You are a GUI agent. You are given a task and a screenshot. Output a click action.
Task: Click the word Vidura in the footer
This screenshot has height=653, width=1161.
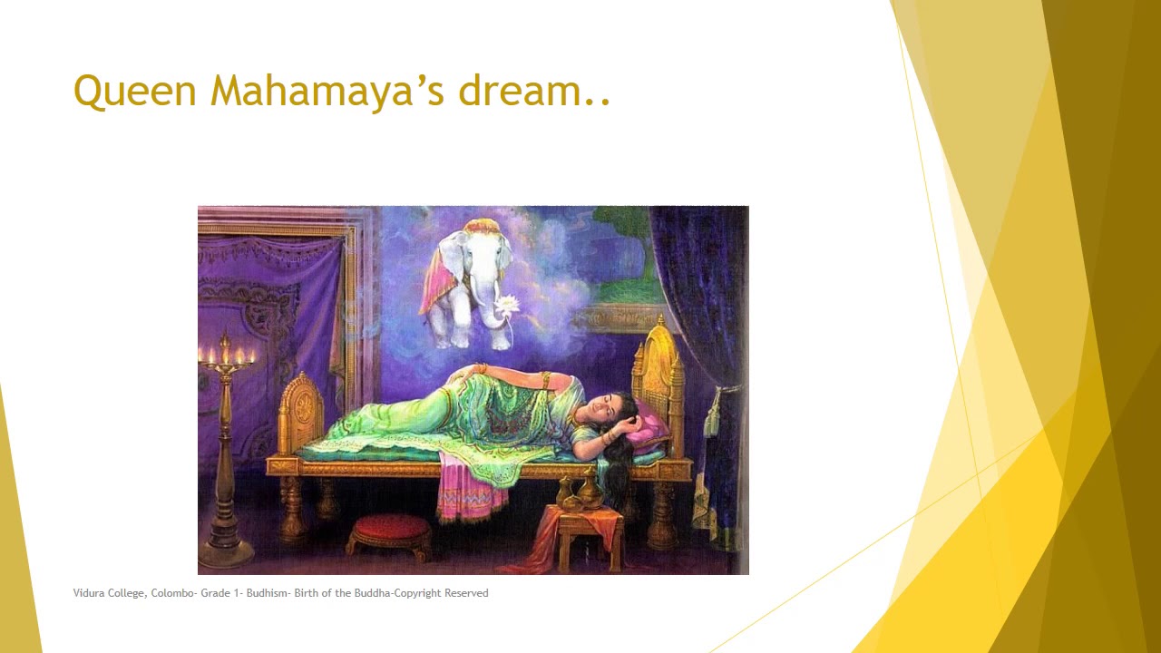click(x=88, y=593)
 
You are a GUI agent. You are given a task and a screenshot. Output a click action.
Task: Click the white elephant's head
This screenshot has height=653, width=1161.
click(x=474, y=255)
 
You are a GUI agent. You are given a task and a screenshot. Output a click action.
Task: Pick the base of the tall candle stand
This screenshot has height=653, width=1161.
click(x=226, y=549)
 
